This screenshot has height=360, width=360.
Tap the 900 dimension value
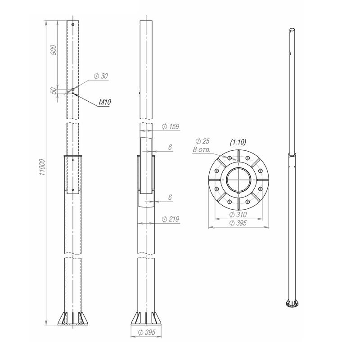pos(54,50)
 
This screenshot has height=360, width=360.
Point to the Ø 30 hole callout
pos(101,76)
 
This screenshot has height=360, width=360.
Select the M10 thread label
pos(105,102)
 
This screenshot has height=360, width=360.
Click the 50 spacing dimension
pos(54,91)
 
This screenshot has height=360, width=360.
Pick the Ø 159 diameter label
pos(171,126)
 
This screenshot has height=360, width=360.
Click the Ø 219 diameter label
pos(171,219)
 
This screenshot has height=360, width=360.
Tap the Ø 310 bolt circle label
pos(238,215)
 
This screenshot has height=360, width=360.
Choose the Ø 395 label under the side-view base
pos(147,332)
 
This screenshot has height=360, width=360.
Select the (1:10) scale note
pos(238,142)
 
